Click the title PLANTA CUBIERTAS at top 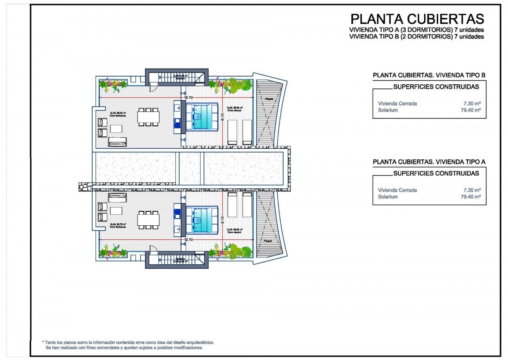[417, 19]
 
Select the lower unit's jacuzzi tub [202, 219]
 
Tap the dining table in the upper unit [148, 116]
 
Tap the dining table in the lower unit [148, 219]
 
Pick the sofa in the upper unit [117, 142]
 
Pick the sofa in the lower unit [117, 197]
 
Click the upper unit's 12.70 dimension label [188, 98]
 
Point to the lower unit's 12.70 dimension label [188, 239]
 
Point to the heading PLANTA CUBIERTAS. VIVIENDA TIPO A [429, 162]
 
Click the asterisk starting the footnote [43, 342]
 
